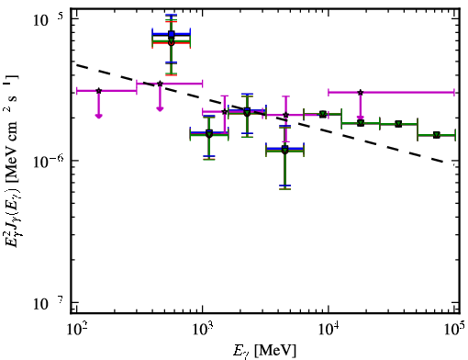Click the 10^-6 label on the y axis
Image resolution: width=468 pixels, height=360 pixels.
(48, 162)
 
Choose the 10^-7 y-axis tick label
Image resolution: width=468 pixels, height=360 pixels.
(48, 303)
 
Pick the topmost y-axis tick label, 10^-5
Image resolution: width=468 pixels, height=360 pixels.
(48, 20)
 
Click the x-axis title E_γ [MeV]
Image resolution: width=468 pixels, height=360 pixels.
(264, 350)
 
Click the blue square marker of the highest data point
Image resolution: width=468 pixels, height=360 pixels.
(172, 34)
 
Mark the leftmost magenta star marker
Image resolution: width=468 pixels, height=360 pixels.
(98, 91)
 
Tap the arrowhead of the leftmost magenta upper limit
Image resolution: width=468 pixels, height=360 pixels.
(98, 116)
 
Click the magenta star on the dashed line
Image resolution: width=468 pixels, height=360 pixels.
(160, 84)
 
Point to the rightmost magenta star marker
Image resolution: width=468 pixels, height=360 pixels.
(361, 92)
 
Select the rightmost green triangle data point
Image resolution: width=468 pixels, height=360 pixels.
(437, 135)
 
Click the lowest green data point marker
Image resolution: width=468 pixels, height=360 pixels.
(285, 151)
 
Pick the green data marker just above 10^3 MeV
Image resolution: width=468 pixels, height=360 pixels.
(209, 134)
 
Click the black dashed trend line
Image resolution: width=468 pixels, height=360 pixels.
(260, 113)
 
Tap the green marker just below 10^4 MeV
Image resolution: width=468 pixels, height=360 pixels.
(322, 114)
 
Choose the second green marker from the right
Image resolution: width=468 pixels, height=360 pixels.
(398, 124)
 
